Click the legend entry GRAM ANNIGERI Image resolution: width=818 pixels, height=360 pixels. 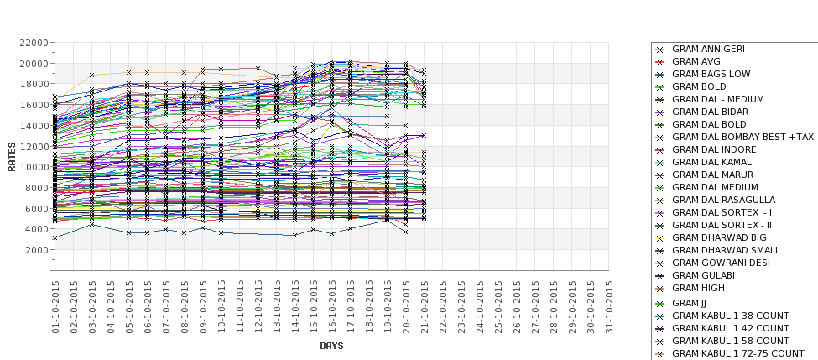[x=708, y=49]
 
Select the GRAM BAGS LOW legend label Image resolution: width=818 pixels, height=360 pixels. [x=711, y=74]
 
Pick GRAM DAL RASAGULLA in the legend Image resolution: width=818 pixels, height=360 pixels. [x=723, y=200]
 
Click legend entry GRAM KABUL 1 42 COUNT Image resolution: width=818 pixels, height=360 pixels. [x=731, y=328]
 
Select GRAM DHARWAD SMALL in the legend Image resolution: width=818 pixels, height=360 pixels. [x=726, y=250]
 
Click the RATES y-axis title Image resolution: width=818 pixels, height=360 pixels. [x=12, y=156]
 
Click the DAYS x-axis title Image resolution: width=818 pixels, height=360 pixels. [x=331, y=346]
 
